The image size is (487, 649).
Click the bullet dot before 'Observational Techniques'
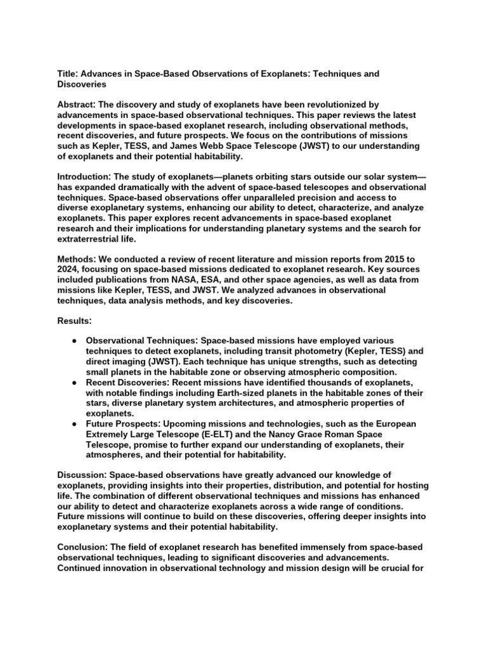pos(74,341)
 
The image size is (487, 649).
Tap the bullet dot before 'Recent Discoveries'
pos(74,382)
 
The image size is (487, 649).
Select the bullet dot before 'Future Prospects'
pos(74,423)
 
